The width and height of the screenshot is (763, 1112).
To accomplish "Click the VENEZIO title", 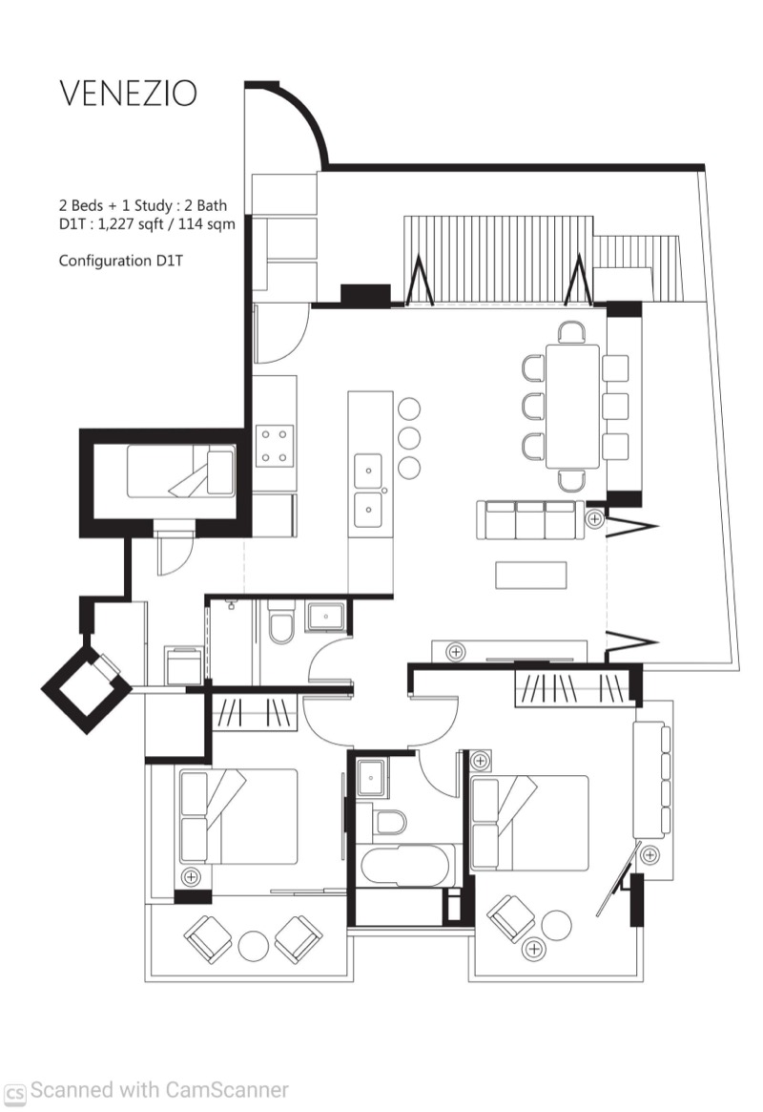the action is tap(128, 93).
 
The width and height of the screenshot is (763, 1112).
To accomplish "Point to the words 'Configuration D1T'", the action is tap(121, 261).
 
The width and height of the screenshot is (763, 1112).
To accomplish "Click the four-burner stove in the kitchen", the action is tap(274, 446).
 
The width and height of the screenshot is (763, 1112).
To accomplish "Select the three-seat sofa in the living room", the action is tap(530, 520).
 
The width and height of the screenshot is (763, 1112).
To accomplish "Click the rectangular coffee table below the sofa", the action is tap(531, 576).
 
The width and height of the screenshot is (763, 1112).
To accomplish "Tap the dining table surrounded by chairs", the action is tap(572, 407).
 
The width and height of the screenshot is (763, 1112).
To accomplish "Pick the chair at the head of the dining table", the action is tap(571, 332).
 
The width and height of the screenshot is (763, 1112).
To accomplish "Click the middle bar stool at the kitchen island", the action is tap(409, 438).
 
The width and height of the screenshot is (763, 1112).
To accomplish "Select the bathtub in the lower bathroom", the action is tap(404, 866).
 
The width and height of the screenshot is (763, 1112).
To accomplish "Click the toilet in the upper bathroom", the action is tap(281, 622).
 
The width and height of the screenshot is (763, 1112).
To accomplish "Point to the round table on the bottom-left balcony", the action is tap(253, 945).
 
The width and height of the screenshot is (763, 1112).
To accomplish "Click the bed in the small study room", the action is tap(180, 471).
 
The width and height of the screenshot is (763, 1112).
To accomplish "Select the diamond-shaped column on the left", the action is tap(87, 688).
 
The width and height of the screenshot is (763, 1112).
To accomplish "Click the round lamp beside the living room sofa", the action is tap(594, 519).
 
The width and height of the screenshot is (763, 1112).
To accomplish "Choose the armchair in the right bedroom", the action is tap(511, 918).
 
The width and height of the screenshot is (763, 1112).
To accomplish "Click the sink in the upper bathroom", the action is tap(325, 617).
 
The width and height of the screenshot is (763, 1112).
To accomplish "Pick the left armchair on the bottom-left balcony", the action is tap(208, 939).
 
